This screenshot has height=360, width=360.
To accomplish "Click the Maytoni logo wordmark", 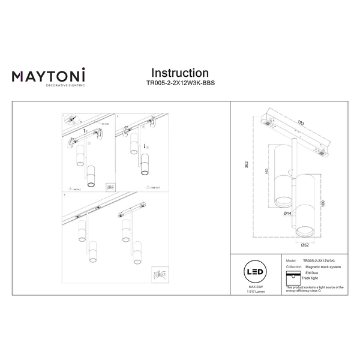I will point(49,76).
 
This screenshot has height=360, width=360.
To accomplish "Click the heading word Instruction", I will point(179,73).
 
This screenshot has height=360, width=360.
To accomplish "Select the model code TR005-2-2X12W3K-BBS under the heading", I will point(180,84).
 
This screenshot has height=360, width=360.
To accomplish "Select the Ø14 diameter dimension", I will point(287,213).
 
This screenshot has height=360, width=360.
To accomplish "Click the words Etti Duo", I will point(311,273).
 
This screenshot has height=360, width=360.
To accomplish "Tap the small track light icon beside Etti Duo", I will point(292,276).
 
